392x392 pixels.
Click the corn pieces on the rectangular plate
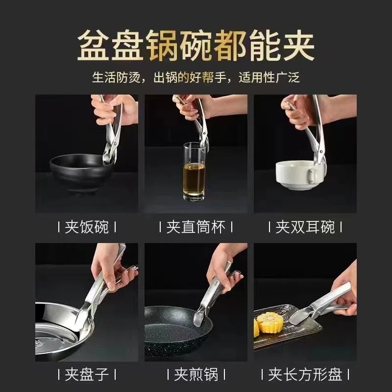268,323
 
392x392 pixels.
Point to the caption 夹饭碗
87,227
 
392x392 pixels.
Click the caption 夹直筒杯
196,227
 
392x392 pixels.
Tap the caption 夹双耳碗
305,227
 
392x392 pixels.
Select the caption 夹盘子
87,374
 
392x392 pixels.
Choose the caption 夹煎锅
196,374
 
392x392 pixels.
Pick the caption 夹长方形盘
305,374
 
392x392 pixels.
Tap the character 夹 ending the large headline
298,45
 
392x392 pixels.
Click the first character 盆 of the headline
94,45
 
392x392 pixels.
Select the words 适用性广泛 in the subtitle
269,77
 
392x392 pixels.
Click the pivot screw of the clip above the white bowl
320,151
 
